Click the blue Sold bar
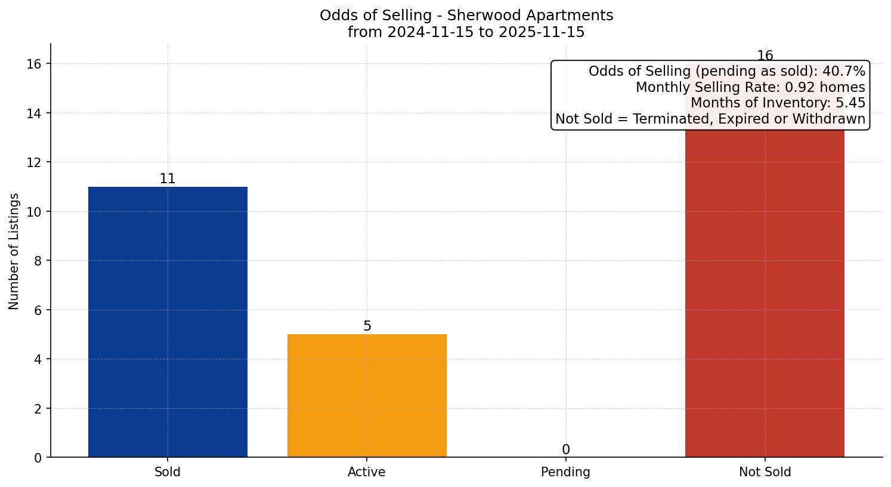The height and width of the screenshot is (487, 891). coord(168,322)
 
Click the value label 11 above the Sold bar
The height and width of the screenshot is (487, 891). coord(168,179)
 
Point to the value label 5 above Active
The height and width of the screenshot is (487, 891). coord(367,326)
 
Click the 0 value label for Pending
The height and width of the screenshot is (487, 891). coord(566,450)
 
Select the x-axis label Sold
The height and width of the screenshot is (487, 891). coord(168,472)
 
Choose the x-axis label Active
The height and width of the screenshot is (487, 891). coord(367,472)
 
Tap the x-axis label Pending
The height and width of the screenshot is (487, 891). coord(566,472)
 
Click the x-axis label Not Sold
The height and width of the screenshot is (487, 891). coord(765,472)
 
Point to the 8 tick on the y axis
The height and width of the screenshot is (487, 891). coord(38,261)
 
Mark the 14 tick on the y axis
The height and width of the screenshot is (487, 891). coord(35,113)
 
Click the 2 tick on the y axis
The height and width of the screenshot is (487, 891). coord(38,409)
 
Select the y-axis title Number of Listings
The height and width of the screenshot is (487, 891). coord(14,251)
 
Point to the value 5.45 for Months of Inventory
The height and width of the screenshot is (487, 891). coord(850,103)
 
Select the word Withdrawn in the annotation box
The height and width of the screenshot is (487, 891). coord(831,119)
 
